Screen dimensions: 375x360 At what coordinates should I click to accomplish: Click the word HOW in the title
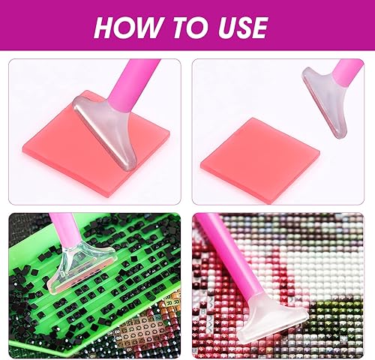click(129, 27)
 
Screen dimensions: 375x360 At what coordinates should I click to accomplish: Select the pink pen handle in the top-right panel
click(346, 73)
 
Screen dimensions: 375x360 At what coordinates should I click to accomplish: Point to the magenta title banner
click(187, 25)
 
